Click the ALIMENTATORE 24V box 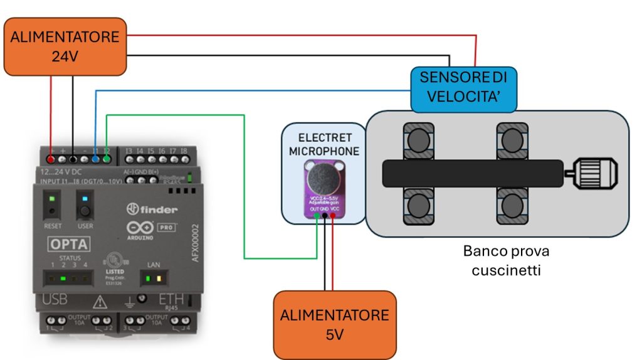pos(65,46)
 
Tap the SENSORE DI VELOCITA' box pos(463,88)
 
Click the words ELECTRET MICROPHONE pos(320,144)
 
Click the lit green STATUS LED pos(63,278)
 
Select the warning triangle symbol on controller pos(99,303)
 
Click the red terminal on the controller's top pos(51,159)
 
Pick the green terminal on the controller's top pos(107,159)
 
